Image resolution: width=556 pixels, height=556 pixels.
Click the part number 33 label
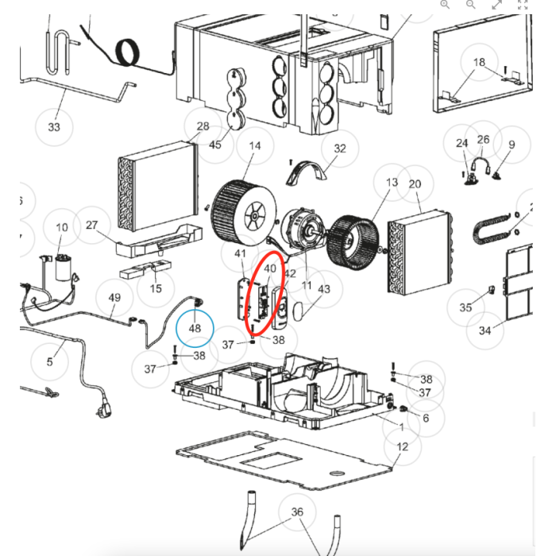coord(54,127)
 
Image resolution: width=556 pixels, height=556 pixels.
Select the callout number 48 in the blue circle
coord(195,328)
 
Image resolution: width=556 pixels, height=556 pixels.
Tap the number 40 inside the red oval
coord(270,268)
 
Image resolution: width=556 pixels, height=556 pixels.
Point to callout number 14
coord(255,145)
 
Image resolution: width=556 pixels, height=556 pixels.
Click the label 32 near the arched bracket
coord(340,149)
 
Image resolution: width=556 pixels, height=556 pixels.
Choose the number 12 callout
coord(402,446)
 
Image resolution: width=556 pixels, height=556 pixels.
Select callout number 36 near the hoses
coord(297,512)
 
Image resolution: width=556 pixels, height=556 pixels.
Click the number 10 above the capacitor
coord(62,227)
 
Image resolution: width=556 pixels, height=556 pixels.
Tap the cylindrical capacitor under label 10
coord(64,268)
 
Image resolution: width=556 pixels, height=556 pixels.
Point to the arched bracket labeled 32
coord(306,172)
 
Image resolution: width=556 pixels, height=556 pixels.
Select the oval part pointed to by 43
coord(299,311)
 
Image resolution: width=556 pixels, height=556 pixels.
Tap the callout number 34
coord(485,330)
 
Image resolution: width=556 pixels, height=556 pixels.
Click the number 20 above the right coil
coord(415,184)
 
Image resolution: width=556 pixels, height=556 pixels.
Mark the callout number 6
coord(426,418)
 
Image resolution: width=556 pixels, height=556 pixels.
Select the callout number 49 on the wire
coord(114,298)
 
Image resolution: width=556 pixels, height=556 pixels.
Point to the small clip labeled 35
coord(492,289)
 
